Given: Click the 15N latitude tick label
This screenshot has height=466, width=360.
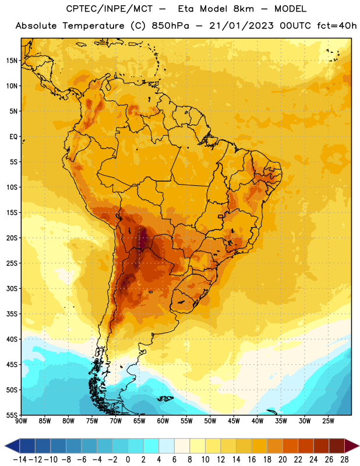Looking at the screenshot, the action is pyautogui.click(x=12, y=61).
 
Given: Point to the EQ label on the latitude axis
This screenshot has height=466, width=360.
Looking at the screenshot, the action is pyautogui.click(x=13, y=137).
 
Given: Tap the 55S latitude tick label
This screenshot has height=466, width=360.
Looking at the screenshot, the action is pyautogui.click(x=12, y=415).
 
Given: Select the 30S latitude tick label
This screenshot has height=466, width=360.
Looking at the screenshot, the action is pyautogui.click(x=12, y=288).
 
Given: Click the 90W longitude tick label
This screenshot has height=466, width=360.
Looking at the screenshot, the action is pyautogui.click(x=21, y=421).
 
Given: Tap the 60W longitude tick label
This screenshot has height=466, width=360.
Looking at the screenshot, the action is pyautogui.click(x=163, y=421).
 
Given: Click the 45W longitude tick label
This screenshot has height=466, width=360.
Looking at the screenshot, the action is pyautogui.click(x=234, y=421).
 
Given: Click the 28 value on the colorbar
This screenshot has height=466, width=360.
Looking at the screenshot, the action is pyautogui.click(x=344, y=460).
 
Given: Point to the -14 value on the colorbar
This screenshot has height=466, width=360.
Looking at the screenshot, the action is pyautogui.click(x=20, y=460).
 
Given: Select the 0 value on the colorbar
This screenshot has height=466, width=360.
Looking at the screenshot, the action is pyautogui.click(x=128, y=460).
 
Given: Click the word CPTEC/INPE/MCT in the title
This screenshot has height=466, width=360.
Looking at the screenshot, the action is pyautogui.click(x=109, y=9).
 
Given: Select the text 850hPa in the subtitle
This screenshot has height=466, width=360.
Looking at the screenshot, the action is pyautogui.click(x=170, y=26).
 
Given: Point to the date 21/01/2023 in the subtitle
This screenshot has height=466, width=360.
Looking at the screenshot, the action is pyautogui.click(x=241, y=26).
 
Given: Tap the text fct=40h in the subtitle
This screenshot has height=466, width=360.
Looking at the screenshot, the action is pyautogui.click(x=337, y=26).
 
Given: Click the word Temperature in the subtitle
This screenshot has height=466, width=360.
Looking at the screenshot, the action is pyautogui.click(x=93, y=26).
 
